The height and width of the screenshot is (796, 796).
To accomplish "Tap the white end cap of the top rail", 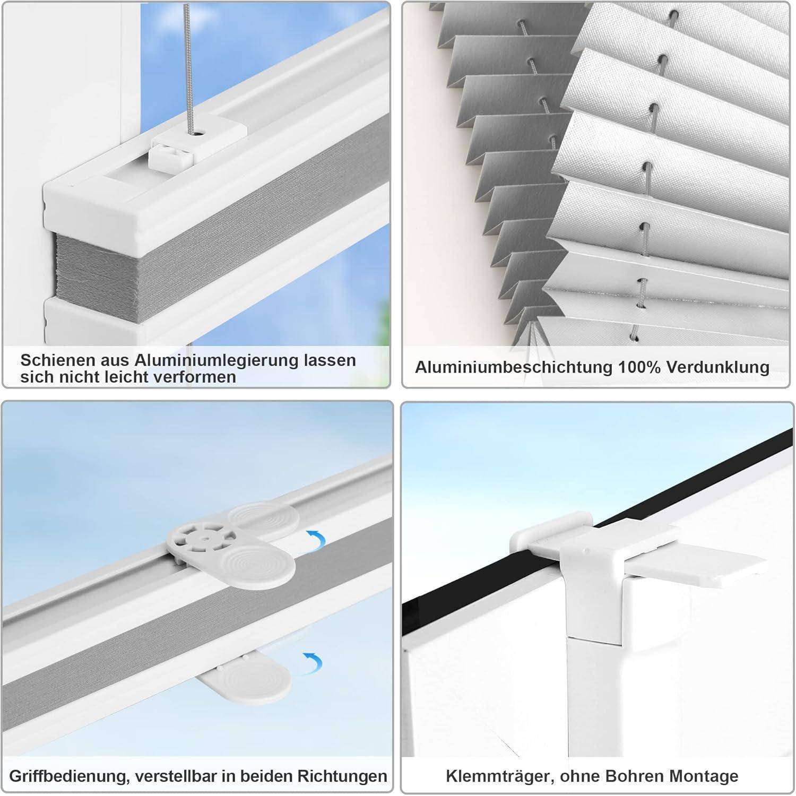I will (x=90, y=204).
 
